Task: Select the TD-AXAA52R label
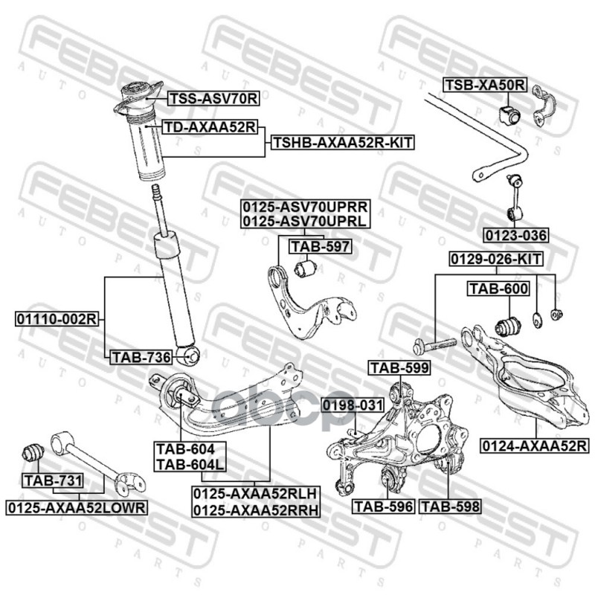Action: coord(210,127)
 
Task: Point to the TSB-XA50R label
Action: coord(485,86)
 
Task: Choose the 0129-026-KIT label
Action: coord(495,259)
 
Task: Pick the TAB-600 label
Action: coord(498,289)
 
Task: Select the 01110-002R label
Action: coord(57,319)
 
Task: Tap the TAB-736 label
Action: coord(141,358)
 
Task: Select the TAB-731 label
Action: coord(52,480)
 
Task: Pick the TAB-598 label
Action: coord(451,506)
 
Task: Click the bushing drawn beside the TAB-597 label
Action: coord(303,267)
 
